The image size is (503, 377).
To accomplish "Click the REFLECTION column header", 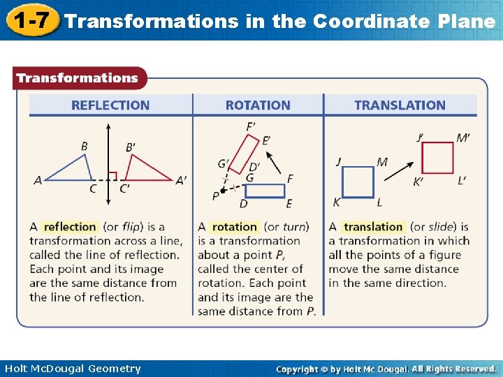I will coord(110,105).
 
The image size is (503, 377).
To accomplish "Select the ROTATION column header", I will coord(258,105).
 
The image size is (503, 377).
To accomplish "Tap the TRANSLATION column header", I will coord(400,105).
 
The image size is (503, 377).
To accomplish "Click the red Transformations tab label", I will coord(78,78).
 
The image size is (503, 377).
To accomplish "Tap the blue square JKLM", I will coord(358,182).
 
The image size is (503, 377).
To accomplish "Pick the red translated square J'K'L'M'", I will coord(437,158).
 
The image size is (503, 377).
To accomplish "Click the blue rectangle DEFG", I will coord(265,191).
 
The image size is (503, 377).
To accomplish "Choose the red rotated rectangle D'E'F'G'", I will coord(244,153).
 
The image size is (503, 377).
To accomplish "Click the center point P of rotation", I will coord(223,191).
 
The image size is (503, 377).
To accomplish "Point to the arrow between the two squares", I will coord(398,170).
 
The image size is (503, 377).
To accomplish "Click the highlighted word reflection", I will coord(70,227).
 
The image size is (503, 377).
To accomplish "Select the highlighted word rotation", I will coord(234,227).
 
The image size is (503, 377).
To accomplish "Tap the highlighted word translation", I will coord(373,227).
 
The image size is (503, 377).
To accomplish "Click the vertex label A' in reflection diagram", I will coord(181,180).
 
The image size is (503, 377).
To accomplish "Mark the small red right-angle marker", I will coord(112,175).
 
